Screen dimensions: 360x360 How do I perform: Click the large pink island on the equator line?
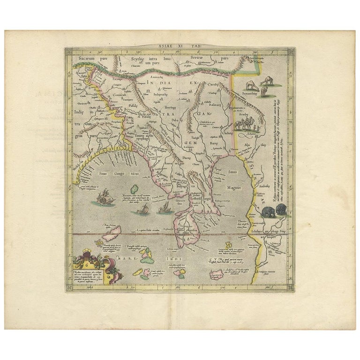point(112,230)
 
